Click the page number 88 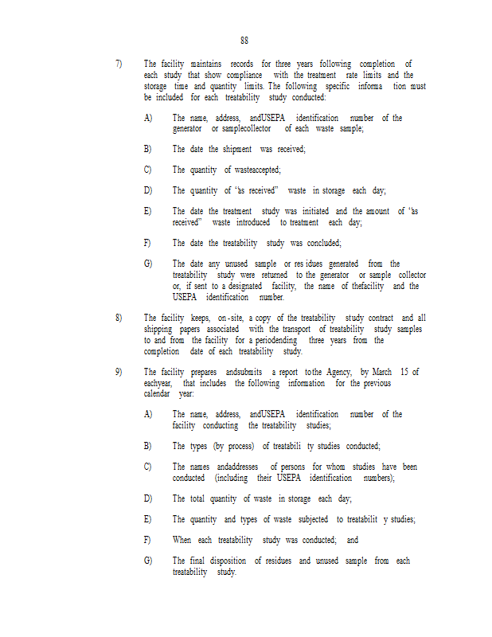tap(244, 40)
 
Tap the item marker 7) tap(119, 64)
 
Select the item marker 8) tap(119, 317)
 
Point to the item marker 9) tap(119, 372)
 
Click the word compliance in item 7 tap(246, 75)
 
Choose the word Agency tap(338, 372)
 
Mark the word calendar tap(157, 394)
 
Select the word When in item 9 tap(182, 540)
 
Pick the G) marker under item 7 tap(147, 264)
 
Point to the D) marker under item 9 tap(147, 498)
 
